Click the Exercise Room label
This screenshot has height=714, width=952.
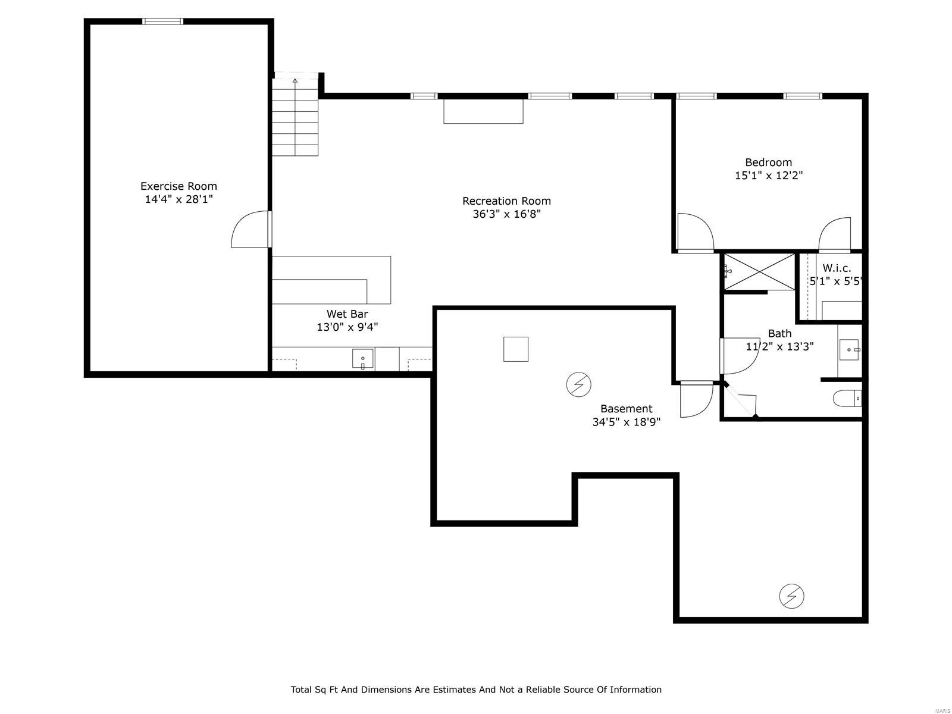(x=178, y=186)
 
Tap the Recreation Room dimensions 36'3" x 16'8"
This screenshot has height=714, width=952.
(x=506, y=214)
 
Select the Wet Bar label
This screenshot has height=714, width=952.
(x=347, y=314)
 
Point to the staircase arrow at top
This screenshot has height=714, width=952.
(x=295, y=80)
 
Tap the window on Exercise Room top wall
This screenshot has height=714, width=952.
(x=162, y=21)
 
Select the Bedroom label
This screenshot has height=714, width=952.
(x=768, y=162)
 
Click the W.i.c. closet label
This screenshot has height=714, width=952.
(x=837, y=268)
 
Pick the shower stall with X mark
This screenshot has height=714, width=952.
(x=759, y=271)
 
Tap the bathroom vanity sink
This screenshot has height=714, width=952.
(x=849, y=350)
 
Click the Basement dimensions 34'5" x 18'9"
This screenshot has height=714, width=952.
(x=626, y=422)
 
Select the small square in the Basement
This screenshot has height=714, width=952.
(x=516, y=349)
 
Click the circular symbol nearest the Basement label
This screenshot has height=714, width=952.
(x=578, y=385)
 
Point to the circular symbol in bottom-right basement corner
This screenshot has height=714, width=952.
(x=791, y=596)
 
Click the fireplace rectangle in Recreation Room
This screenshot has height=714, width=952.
(x=483, y=111)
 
